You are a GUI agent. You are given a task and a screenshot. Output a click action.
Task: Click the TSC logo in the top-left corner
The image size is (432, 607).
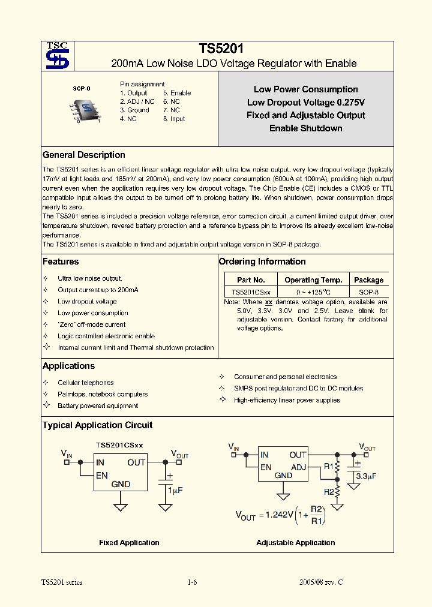(x=58, y=56)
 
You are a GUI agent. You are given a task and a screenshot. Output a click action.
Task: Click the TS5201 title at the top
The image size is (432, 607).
(x=221, y=49)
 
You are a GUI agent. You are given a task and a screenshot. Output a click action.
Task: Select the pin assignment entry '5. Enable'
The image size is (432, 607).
(x=177, y=93)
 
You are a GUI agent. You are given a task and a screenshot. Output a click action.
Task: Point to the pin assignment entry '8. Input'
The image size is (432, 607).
(x=174, y=119)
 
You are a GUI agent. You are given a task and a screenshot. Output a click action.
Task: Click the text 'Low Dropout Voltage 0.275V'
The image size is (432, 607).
(x=305, y=103)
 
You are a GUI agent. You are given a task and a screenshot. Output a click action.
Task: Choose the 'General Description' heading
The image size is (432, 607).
(x=84, y=155)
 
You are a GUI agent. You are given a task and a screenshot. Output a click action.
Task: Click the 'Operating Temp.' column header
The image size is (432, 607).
(x=313, y=280)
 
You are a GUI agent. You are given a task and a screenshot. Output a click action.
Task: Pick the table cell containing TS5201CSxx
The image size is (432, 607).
(x=251, y=292)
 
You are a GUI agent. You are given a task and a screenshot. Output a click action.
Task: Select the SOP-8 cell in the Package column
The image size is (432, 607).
(x=368, y=292)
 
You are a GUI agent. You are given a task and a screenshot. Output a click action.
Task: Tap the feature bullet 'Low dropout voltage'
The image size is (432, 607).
(x=87, y=302)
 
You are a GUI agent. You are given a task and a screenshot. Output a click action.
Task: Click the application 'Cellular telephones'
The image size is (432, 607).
(x=85, y=383)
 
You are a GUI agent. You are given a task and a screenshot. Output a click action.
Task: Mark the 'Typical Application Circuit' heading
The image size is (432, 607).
(x=97, y=425)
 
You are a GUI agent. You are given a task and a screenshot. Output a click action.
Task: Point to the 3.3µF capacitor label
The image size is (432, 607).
(x=365, y=476)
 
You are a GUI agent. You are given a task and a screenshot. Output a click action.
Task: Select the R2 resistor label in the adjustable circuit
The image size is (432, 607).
(x=329, y=492)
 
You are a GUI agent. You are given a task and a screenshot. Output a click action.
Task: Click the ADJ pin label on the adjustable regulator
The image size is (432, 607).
(x=298, y=467)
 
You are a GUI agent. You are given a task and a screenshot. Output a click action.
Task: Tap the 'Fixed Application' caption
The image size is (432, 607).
(x=129, y=543)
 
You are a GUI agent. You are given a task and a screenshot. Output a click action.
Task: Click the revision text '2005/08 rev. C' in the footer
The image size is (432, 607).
(x=321, y=582)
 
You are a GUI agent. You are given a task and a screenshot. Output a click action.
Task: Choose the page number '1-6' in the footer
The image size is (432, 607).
(x=192, y=582)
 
